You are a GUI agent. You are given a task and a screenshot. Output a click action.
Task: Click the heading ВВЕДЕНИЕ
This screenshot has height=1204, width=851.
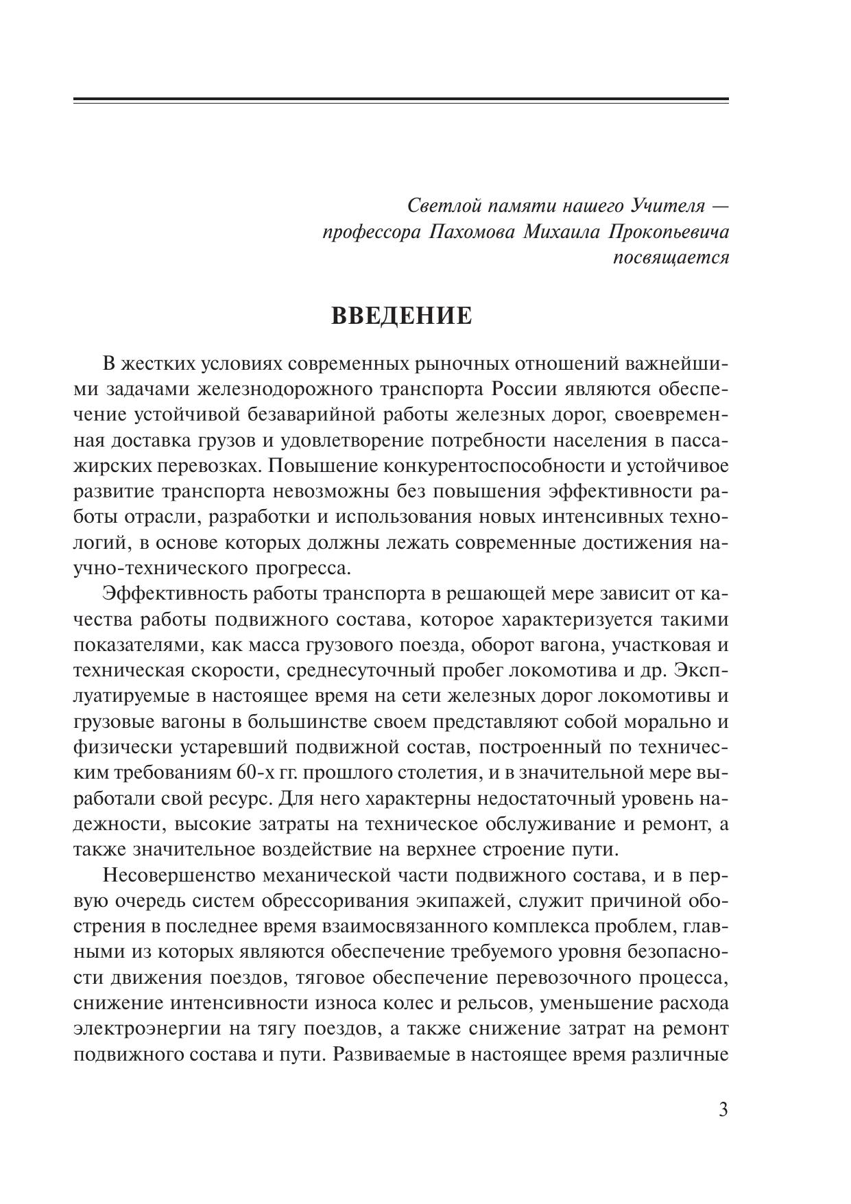click(402, 316)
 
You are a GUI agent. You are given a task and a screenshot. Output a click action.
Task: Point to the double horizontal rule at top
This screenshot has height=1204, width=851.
click(400, 101)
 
